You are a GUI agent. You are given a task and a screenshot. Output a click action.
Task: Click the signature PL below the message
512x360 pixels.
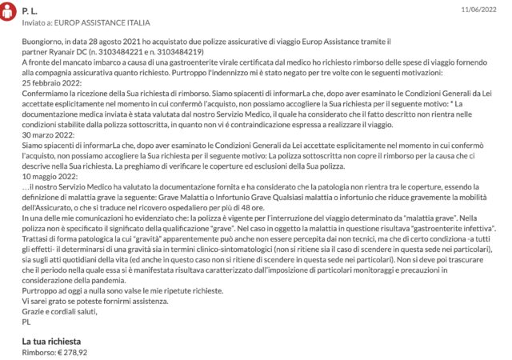click(x=28, y=322)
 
